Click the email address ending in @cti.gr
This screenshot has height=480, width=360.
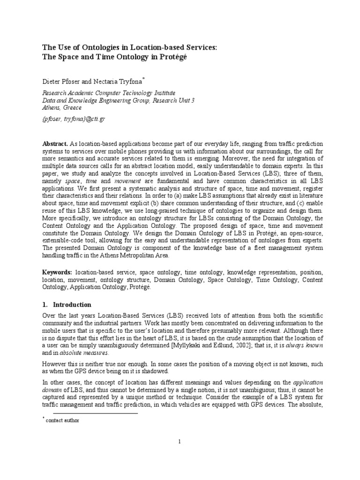tap(74, 119)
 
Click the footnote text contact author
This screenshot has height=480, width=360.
tap(62, 420)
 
